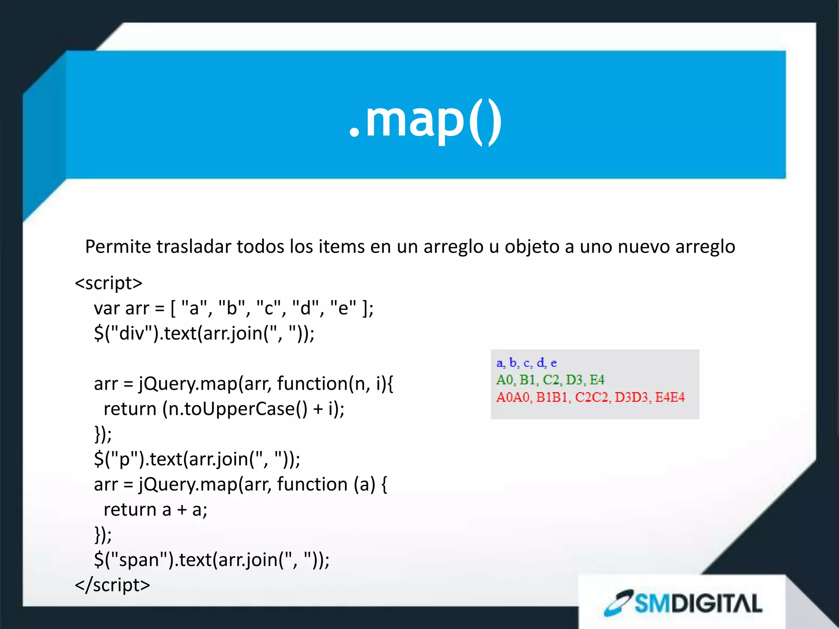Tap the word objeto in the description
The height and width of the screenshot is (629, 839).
point(532,247)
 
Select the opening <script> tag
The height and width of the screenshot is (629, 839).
point(109,283)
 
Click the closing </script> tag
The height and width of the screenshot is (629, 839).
point(112,585)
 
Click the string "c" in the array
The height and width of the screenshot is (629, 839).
point(268,308)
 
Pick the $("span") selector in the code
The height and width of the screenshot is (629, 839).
point(134,560)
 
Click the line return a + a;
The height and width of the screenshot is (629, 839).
point(155,510)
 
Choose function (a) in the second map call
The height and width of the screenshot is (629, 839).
point(326,484)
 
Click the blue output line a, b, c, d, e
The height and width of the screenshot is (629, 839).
point(526,363)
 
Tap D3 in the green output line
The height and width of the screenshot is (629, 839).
point(574,380)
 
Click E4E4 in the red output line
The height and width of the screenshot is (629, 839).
point(670,397)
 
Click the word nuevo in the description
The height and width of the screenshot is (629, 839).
point(644,247)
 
